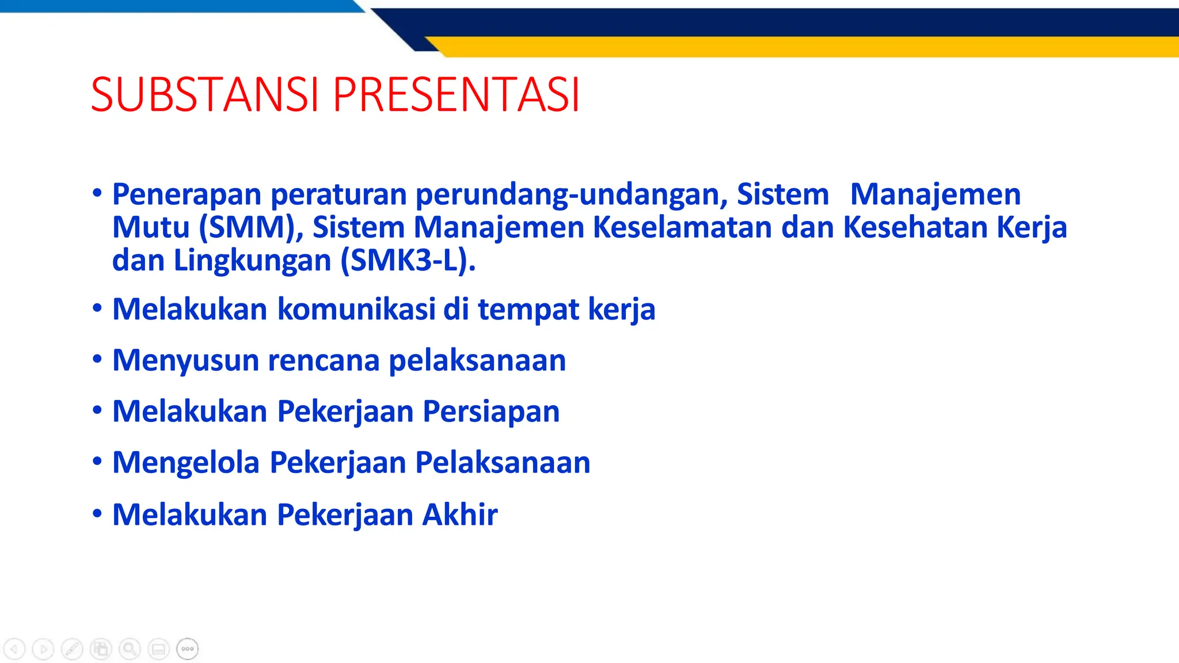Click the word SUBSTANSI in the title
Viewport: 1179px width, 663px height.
pyautogui.click(x=204, y=95)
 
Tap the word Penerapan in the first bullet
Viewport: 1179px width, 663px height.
pyautogui.click(x=187, y=195)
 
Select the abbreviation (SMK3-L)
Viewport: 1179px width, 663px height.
pyautogui.click(x=408, y=261)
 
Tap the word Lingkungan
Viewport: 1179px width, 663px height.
pyautogui.click(x=253, y=261)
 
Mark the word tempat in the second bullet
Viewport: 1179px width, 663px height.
pyautogui.click(x=528, y=309)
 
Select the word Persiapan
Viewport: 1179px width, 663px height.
pyautogui.click(x=491, y=411)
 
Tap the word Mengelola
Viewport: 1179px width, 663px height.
pyautogui.click(x=186, y=463)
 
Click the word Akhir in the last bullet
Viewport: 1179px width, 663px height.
pyautogui.click(x=459, y=515)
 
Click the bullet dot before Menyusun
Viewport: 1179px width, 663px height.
pyautogui.click(x=97, y=359)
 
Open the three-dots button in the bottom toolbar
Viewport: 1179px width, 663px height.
pyautogui.click(x=188, y=649)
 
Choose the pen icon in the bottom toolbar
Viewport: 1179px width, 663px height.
pyautogui.click(x=72, y=649)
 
